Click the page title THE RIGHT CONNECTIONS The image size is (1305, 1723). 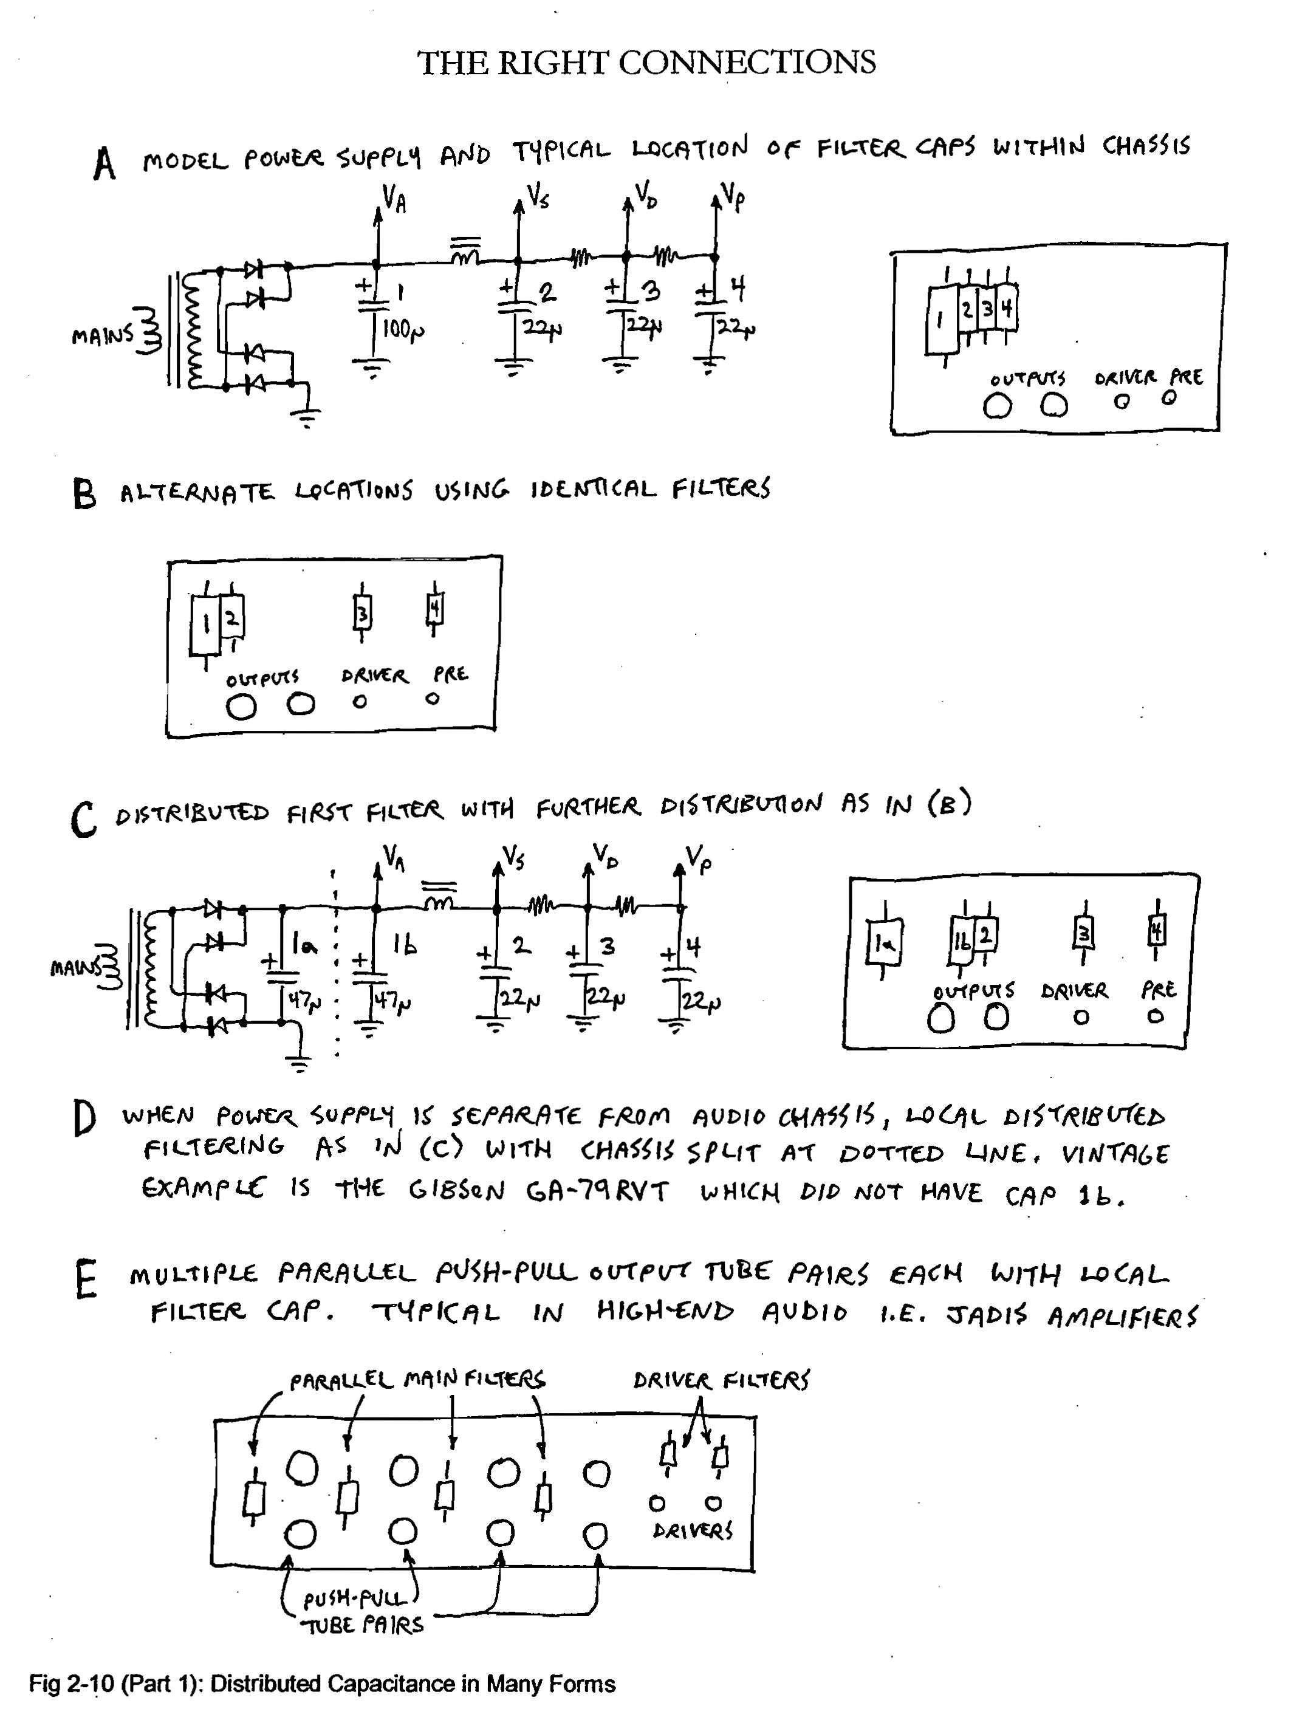tap(646, 63)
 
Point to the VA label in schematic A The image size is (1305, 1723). tap(394, 199)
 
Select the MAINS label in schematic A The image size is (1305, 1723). tap(102, 336)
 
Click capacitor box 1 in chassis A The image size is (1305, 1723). tap(942, 320)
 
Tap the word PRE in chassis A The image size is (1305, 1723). tap(1186, 378)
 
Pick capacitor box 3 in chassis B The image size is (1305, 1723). tap(361, 613)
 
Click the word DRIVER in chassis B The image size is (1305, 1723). tap(374, 676)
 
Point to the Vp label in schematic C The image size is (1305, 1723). tap(699, 859)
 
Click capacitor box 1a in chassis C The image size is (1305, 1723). tap(883, 944)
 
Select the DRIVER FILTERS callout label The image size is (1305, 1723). tap(721, 1380)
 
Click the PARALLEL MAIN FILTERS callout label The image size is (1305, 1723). tap(417, 1380)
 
